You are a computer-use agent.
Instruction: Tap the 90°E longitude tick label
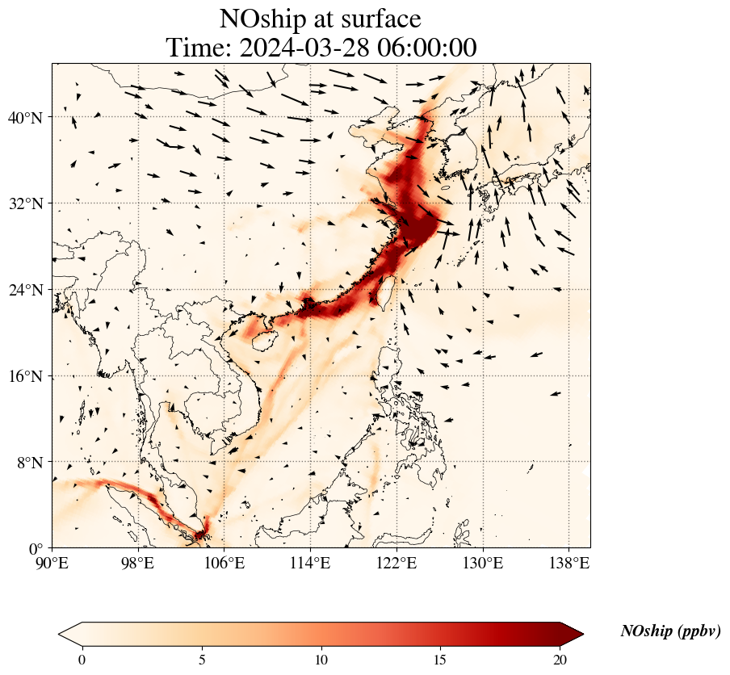click(52, 562)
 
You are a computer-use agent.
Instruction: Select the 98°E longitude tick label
click(138, 562)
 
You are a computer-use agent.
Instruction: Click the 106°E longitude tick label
click(224, 562)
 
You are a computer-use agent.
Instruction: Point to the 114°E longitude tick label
click(310, 562)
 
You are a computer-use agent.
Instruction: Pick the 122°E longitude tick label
click(396, 562)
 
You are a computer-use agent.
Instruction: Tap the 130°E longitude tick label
click(482, 562)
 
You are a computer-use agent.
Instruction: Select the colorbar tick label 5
click(202, 660)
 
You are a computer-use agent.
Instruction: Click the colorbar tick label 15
click(440, 660)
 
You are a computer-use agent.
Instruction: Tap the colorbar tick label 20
click(560, 660)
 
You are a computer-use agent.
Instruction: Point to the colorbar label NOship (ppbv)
click(670, 631)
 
